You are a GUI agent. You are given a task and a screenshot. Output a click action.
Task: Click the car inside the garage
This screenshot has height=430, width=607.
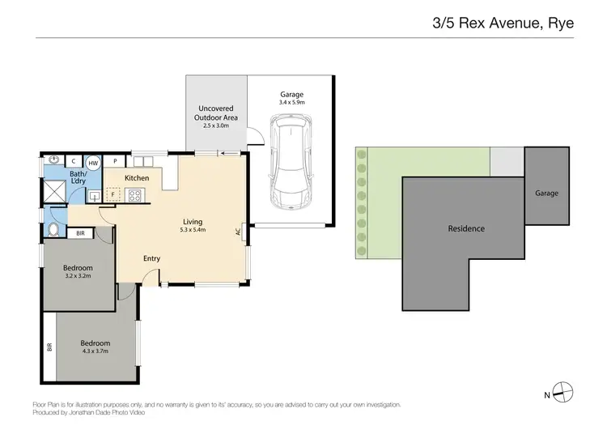pos(291,161)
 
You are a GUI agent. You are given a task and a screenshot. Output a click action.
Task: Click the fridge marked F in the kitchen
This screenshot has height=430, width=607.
pos(112,195)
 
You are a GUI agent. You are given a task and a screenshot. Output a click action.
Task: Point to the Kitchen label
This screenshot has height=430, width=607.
pos(137,178)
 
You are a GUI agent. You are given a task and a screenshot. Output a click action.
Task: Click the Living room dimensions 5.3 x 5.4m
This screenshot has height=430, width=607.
pos(193,230)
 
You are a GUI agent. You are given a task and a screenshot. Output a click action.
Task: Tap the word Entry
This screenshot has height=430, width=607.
pos(151,258)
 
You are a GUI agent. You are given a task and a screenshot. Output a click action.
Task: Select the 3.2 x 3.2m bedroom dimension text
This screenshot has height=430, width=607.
pos(79,276)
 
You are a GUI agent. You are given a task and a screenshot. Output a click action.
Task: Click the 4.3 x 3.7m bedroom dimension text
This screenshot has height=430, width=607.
pos(95,351)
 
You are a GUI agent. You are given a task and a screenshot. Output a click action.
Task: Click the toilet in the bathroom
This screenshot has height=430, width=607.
pos(54,229)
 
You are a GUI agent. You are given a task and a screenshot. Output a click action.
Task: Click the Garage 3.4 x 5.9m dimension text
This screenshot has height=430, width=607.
pos(291,103)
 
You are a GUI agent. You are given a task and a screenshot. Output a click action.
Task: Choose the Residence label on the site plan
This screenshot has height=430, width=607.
pos(466,229)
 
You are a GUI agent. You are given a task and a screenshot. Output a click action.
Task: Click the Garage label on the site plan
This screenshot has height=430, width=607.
pos(546,194)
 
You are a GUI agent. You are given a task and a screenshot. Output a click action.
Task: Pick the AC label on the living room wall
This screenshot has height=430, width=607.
pos(238,231)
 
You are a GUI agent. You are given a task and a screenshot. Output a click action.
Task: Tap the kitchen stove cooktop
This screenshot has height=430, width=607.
pos(134,195)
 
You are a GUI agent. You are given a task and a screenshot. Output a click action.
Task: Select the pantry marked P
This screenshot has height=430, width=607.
pos(116,161)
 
